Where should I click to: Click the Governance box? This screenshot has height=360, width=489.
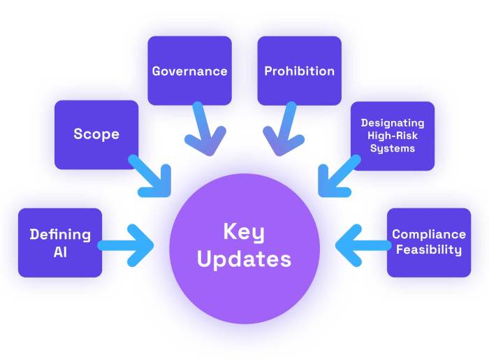coord(189,71)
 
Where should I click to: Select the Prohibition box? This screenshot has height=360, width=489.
coord(299,71)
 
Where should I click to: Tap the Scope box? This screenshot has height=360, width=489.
coord(96,134)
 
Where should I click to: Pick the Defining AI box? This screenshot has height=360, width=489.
coord(60,243)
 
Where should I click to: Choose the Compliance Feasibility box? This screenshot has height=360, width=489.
coord(428,243)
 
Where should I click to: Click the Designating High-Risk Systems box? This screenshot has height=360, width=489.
coord(392,136)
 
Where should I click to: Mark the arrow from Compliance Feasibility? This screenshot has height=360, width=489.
coord(363,245)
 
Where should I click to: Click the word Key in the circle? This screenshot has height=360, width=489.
coord(244,231)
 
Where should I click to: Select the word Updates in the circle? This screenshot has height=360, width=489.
coord(244,259)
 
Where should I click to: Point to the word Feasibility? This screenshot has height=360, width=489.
coord(428,250)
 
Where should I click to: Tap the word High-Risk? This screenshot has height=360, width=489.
coord(393,136)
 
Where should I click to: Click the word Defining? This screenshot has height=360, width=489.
coord(60,234)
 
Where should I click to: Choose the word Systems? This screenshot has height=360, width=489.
coord(393,148)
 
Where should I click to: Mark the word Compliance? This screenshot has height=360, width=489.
coord(428,235)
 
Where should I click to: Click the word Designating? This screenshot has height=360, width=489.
coord(393,123)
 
